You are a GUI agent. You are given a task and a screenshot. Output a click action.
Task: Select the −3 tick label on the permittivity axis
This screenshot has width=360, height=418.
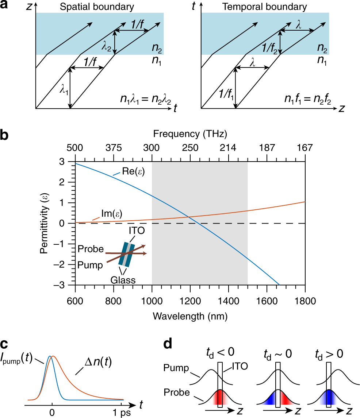pos(65,285)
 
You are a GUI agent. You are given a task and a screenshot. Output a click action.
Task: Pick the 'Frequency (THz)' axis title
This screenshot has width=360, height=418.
pos(190,134)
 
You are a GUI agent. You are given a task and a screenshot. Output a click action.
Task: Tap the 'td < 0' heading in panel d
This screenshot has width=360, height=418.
pos(220,352)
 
